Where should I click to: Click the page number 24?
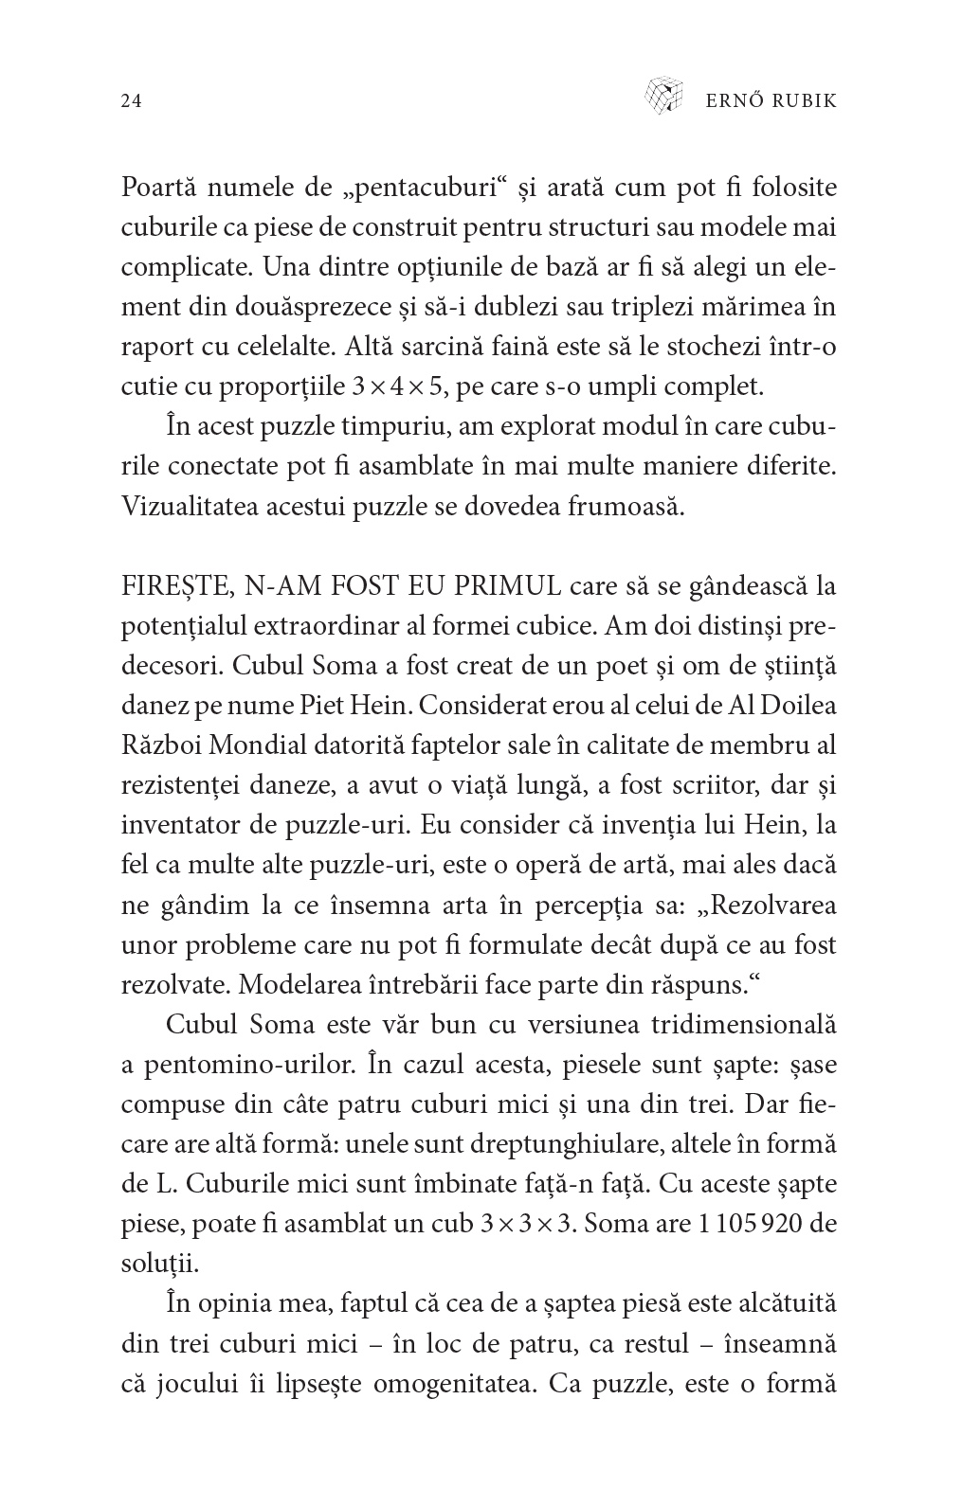click(x=132, y=101)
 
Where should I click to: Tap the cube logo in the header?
click(x=663, y=95)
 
